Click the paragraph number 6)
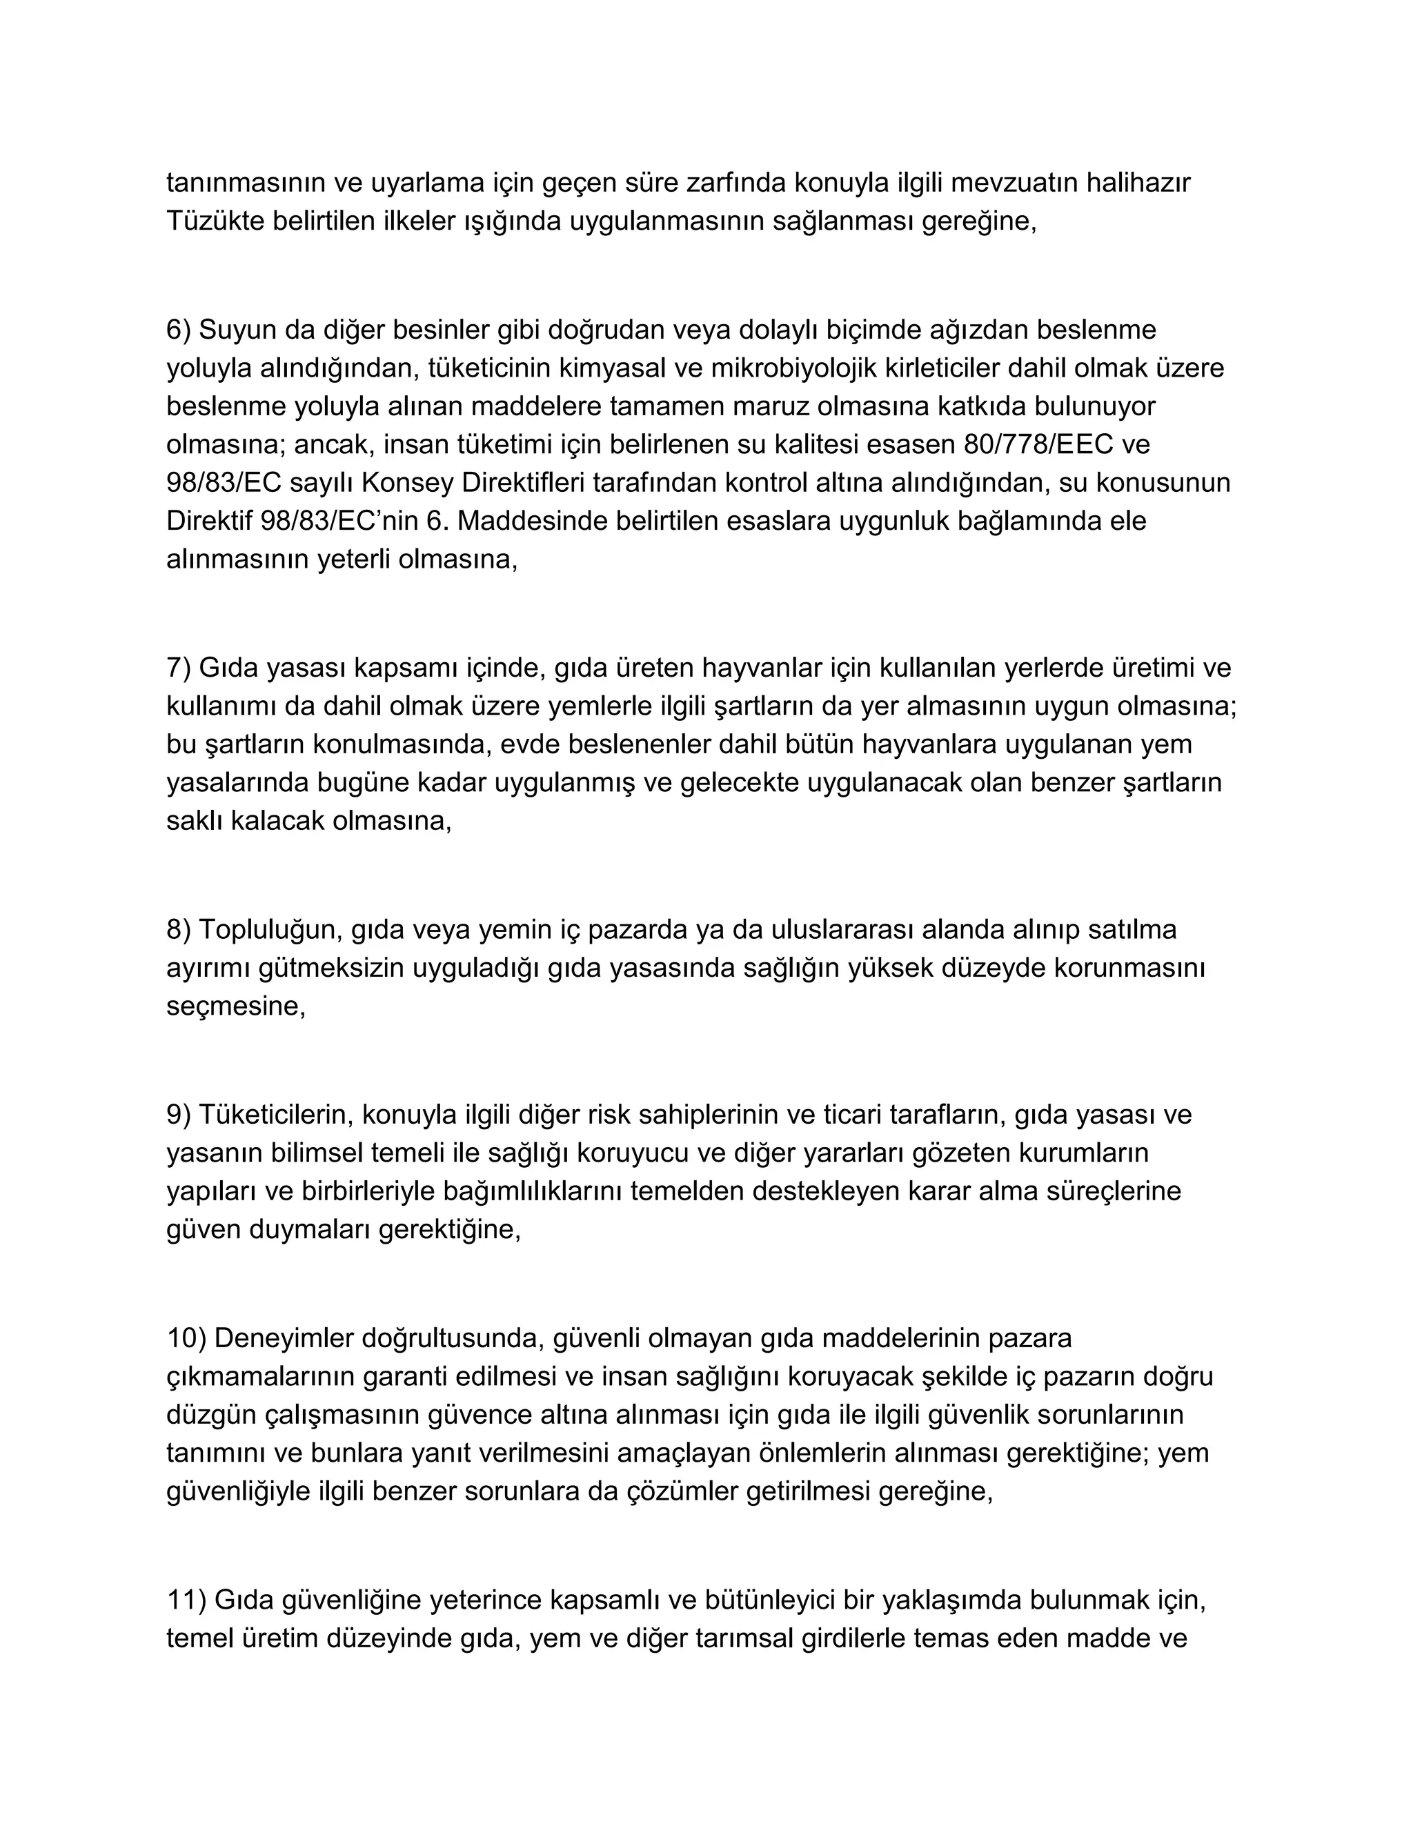(x=179, y=330)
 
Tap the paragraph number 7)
(x=179, y=668)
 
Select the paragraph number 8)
(x=179, y=929)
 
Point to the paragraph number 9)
(x=179, y=1115)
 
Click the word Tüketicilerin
(x=268, y=1115)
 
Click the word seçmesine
(x=236, y=1005)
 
